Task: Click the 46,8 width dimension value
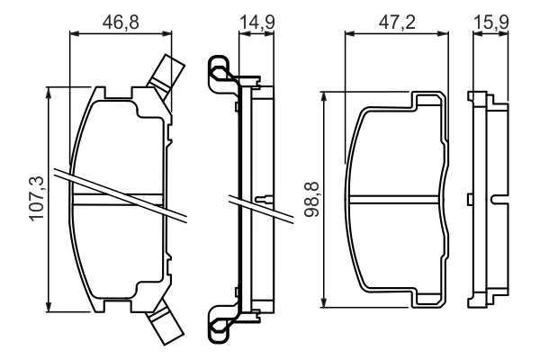pyautogui.click(x=120, y=21)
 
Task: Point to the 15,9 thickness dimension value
pyautogui.click(x=491, y=21)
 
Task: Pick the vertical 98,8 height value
pyautogui.click(x=312, y=198)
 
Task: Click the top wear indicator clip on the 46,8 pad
pyautogui.click(x=166, y=72)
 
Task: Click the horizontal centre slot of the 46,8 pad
pyautogui.click(x=120, y=198)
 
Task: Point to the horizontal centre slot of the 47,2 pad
pyautogui.click(x=397, y=199)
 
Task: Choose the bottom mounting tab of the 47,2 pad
pyautogui.click(x=427, y=299)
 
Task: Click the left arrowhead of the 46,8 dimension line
pyautogui.click(x=74, y=35)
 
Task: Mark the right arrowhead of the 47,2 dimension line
pyautogui.click(x=447, y=35)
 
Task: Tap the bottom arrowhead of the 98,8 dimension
pyautogui.click(x=328, y=302)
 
